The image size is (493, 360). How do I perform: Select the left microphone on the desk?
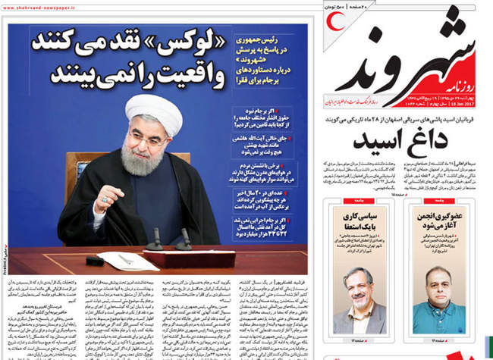point(155,241)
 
